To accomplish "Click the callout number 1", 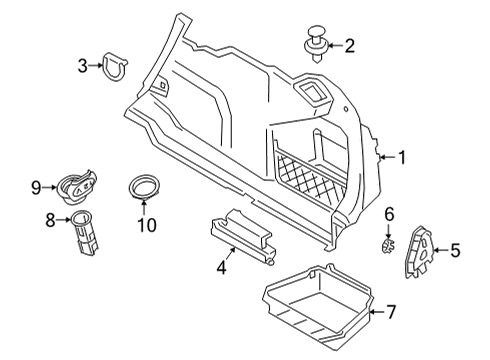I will (402, 156).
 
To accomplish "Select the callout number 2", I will (349, 44).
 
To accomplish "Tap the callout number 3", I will (82, 66).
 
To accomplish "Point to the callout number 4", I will (221, 268).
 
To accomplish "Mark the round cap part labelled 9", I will (79, 187).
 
